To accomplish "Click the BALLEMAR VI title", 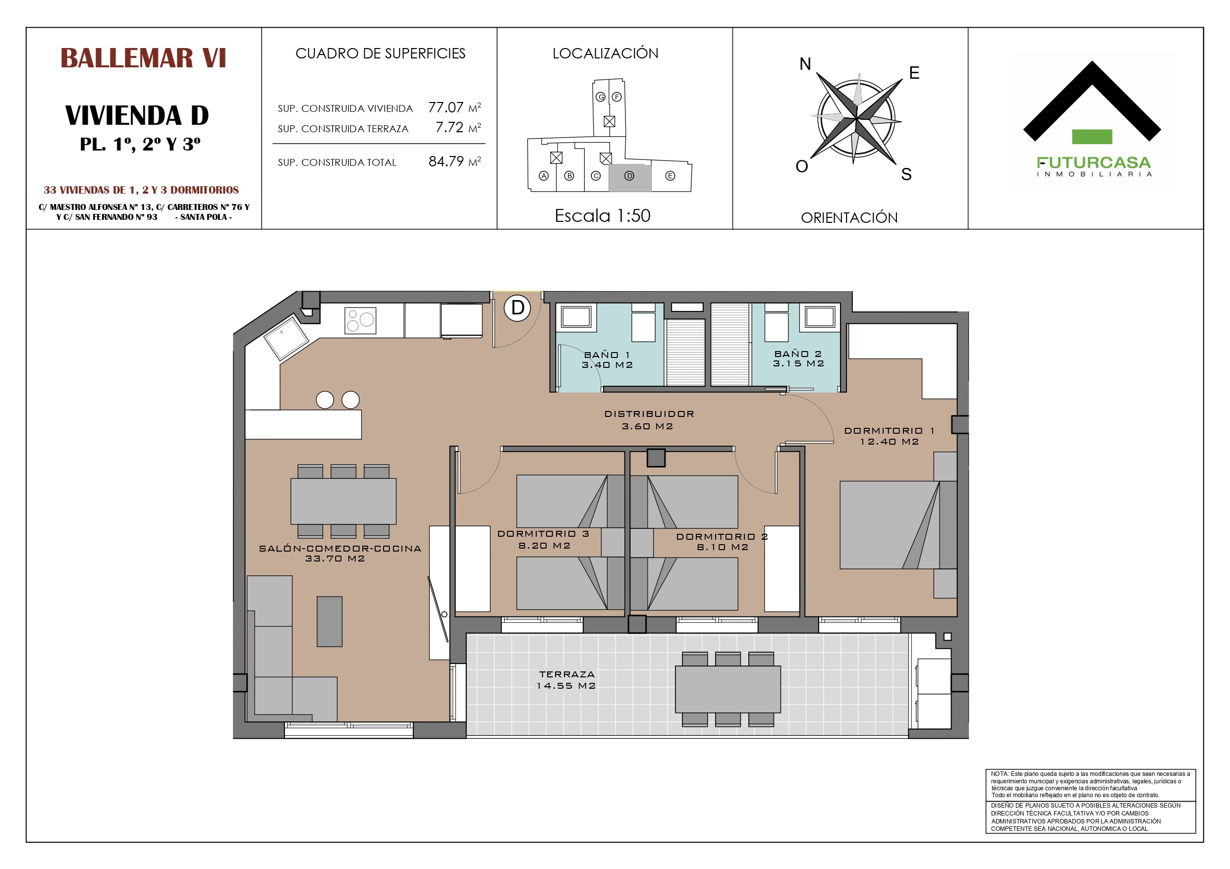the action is pos(143,58).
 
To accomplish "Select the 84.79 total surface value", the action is pos(446,161).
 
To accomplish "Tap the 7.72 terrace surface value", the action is pos(449,127).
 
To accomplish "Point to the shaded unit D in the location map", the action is pos(629,178).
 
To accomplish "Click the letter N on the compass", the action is pos(805,64).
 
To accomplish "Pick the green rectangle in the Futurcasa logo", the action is pos(1092,137).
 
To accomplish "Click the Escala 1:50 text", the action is pos(603,216).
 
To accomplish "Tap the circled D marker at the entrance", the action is pos(517,308).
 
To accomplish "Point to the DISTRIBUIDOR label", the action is pos(649,414).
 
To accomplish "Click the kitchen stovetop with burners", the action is pos(360,321).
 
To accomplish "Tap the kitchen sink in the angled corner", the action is pos(286,337).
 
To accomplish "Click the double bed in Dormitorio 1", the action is pos(898,525).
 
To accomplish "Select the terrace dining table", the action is pos(727,689).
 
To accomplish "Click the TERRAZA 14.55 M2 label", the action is pos(567,680).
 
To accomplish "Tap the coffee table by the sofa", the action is pos(330,621).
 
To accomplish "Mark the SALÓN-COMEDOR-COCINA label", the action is pos(340,549).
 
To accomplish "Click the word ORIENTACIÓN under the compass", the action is pos(849,218).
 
